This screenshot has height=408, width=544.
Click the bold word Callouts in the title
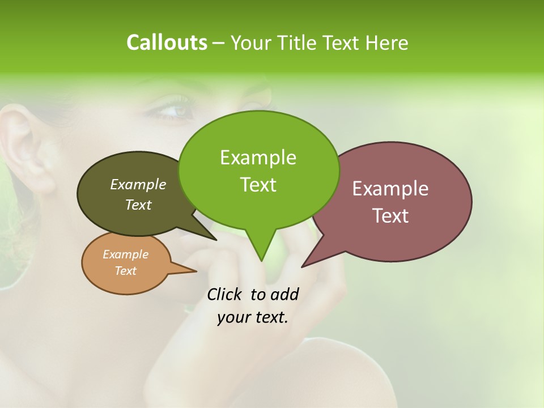coord(167,42)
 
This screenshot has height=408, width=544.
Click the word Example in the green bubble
coord(258,158)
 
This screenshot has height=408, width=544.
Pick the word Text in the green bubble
coord(258,185)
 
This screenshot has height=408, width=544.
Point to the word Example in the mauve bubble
coord(390,189)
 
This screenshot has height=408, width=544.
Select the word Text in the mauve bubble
coord(390,216)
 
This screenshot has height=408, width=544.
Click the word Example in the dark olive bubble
coord(138,184)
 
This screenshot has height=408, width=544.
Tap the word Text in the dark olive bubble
coord(138,205)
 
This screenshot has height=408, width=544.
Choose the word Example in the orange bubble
coord(125,254)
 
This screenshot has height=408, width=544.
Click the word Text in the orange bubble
coord(125,271)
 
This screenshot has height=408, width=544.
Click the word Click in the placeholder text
coord(225,294)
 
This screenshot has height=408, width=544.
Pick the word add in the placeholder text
coord(284,294)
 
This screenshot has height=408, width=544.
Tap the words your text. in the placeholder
coord(253,317)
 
